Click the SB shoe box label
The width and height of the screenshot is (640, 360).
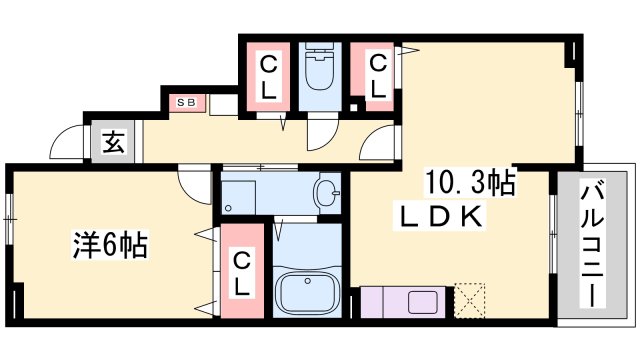186,102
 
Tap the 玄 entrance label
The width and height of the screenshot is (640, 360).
113,141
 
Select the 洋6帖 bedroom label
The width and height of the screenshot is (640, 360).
110,245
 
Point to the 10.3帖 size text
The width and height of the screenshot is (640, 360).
470,182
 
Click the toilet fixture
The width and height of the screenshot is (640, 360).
319,67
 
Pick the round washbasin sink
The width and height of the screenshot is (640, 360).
327,192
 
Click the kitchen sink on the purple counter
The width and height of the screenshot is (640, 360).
422,302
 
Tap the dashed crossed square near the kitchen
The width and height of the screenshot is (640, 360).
469,300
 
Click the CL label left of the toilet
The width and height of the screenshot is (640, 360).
268,78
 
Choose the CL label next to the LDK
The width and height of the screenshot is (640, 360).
378,76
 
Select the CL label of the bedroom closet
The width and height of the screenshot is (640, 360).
242,274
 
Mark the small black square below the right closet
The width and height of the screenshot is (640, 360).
353,108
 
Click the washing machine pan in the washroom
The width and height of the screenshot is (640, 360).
238,198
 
